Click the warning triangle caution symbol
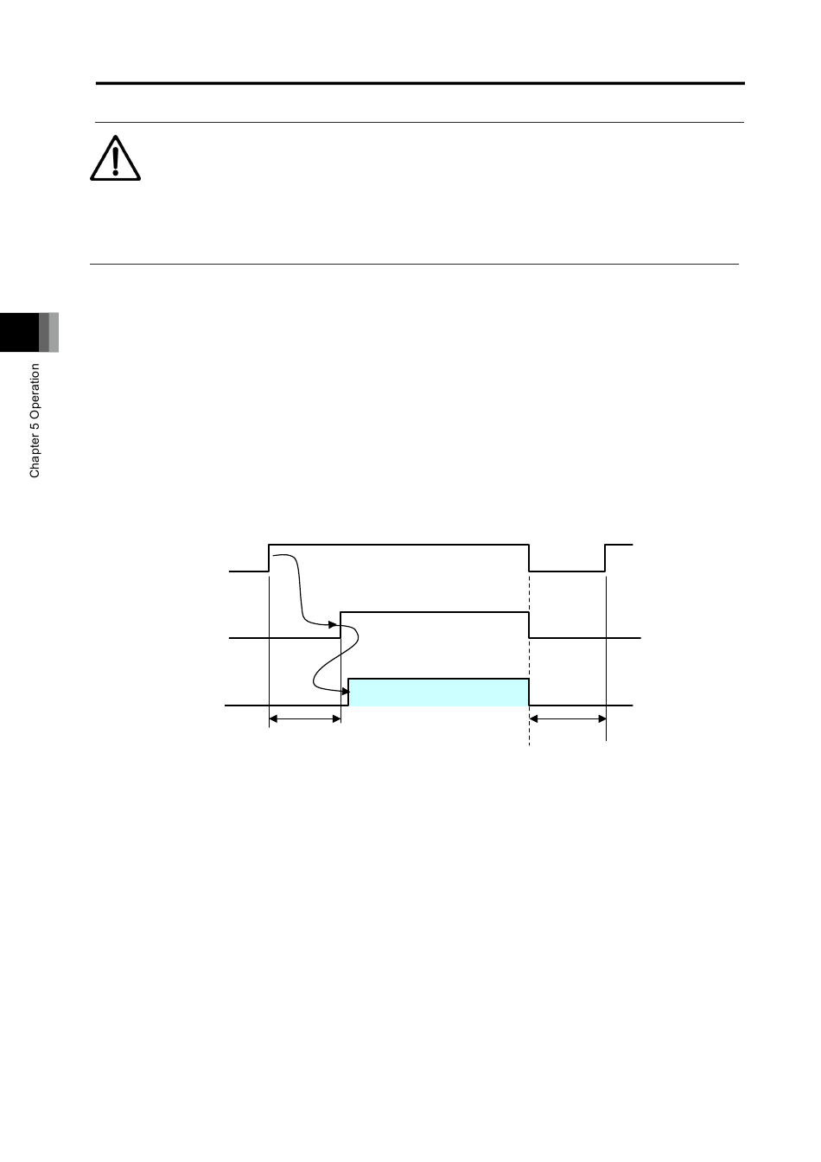pyautogui.click(x=115, y=158)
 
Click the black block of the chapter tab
pyautogui.click(x=19, y=333)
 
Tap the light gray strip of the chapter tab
pyautogui.click(x=54, y=333)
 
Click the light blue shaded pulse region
pyautogui.click(x=439, y=692)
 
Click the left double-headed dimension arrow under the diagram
pyautogui.click(x=305, y=719)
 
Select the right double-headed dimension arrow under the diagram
pyautogui.click(x=568, y=719)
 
